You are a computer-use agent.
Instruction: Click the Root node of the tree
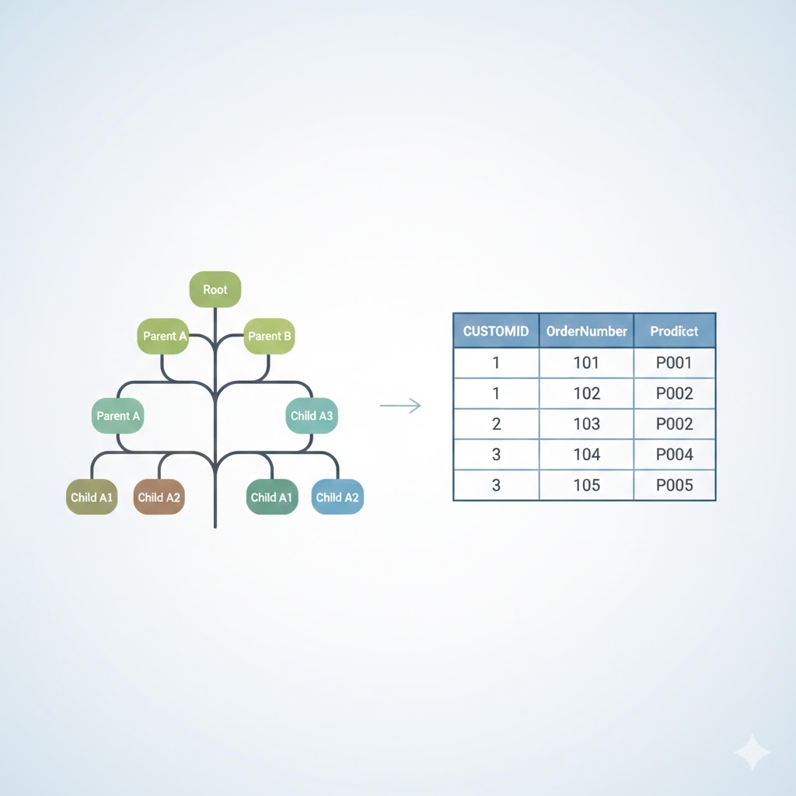pos(215,289)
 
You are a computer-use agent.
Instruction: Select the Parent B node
pos(269,336)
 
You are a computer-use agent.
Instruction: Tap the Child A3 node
pos(312,416)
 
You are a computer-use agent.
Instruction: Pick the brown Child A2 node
pos(159,497)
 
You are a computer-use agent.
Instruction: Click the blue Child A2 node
pos(337,497)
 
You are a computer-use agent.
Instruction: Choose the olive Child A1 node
pos(92,497)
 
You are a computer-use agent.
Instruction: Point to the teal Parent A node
pos(118,416)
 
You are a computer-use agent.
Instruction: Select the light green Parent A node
pos(163,336)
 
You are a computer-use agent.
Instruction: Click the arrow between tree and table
pos(400,406)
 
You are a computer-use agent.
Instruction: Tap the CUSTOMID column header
pos(496,331)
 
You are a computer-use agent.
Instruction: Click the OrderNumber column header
pos(586,331)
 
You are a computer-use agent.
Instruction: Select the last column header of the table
pos(675,331)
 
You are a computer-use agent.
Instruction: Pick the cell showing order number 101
pos(586,363)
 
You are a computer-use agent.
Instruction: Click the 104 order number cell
pos(586,454)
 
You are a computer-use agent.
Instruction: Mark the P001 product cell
pos(675,363)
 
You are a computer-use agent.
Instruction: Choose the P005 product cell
pos(675,485)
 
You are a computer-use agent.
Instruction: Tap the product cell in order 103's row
pos(675,424)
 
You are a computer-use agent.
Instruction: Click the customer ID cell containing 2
pos(496,424)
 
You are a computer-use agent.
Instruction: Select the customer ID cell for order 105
pos(496,485)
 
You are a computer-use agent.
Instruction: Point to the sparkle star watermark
pos(752,752)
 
